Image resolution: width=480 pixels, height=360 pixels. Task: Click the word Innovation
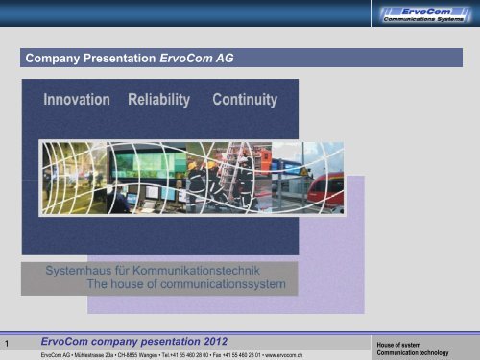(x=77, y=100)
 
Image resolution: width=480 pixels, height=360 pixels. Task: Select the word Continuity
(x=245, y=100)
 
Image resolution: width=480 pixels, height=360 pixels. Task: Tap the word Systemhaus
(x=83, y=272)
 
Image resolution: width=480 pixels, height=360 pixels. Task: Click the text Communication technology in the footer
(x=414, y=353)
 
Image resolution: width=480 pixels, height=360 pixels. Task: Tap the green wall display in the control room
(x=137, y=162)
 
